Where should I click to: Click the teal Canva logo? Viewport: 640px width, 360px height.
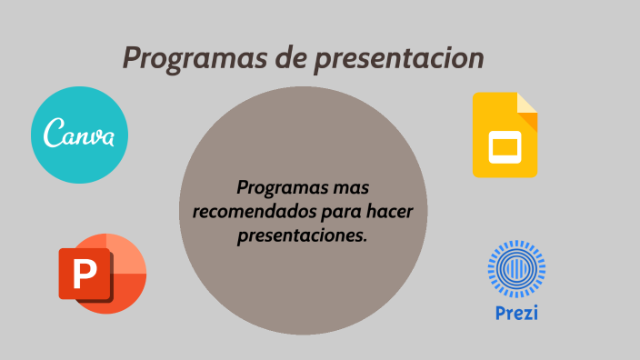click(80, 135)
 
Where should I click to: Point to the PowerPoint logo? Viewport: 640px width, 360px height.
click(102, 273)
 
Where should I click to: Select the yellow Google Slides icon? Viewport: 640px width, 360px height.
click(505, 135)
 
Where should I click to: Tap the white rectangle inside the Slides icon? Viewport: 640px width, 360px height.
click(505, 145)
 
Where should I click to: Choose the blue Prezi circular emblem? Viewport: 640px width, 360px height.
click(516, 269)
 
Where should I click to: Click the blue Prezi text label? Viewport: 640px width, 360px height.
click(516, 314)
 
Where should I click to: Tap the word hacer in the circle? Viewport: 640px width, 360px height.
click(396, 212)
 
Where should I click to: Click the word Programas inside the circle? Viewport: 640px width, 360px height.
click(279, 188)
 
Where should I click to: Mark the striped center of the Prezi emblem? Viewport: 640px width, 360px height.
click(516, 269)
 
